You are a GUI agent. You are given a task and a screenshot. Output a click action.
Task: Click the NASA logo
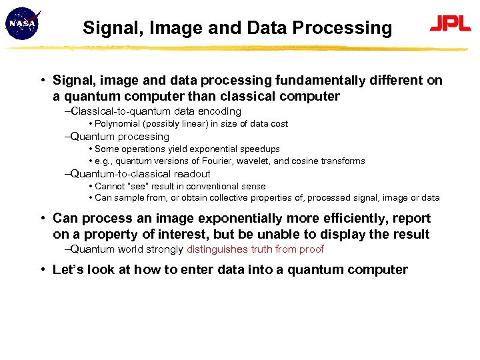[x=22, y=24]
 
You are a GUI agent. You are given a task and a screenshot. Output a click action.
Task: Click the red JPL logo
[x=450, y=25]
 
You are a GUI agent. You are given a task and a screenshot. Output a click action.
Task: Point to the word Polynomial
[x=119, y=124]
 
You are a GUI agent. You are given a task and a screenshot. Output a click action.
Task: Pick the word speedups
[x=261, y=149]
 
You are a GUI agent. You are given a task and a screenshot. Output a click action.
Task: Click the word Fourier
[x=233, y=161]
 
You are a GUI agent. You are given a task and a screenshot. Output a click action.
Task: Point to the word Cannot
[x=109, y=187]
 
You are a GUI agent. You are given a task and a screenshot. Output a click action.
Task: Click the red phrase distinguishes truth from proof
[x=255, y=249]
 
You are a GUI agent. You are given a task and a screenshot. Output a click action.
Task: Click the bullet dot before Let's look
[x=42, y=270]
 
